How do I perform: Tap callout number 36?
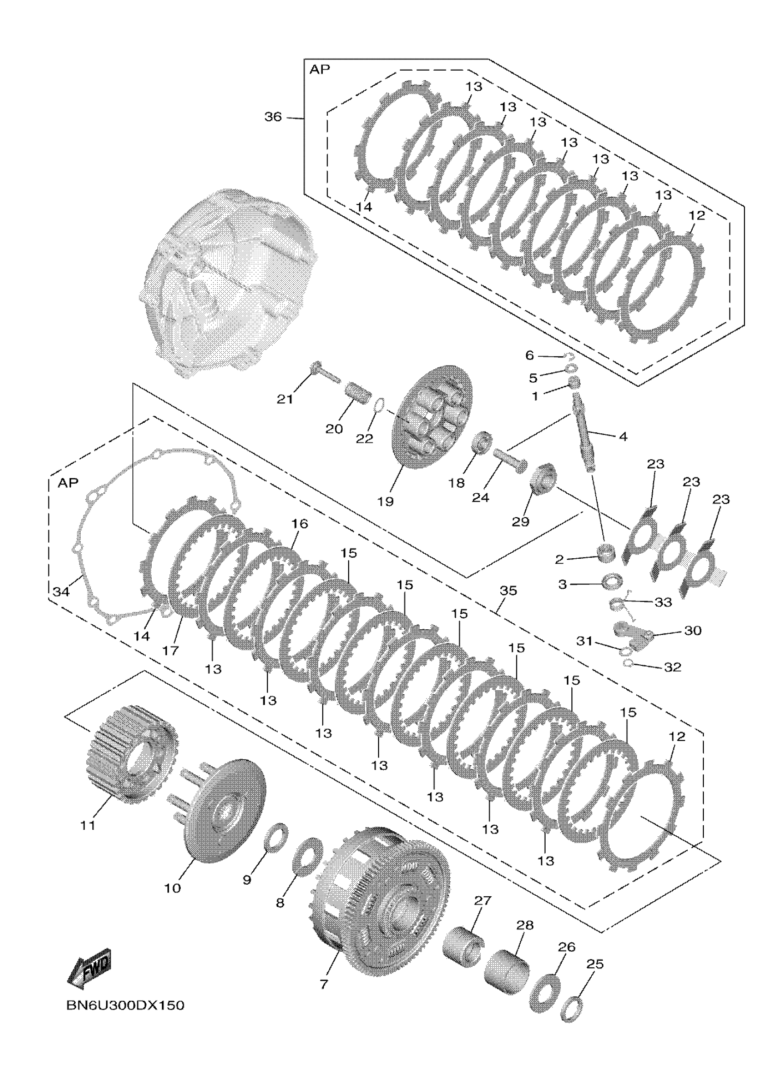coord(273,117)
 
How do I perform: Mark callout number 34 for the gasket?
coord(60,592)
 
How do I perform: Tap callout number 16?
coord(300,524)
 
